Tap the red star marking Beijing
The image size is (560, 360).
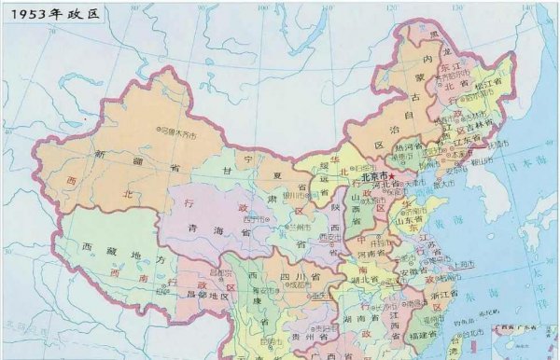tap(393, 175)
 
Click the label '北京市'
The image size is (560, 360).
tap(374, 175)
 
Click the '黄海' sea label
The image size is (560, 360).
tap(460, 220)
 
